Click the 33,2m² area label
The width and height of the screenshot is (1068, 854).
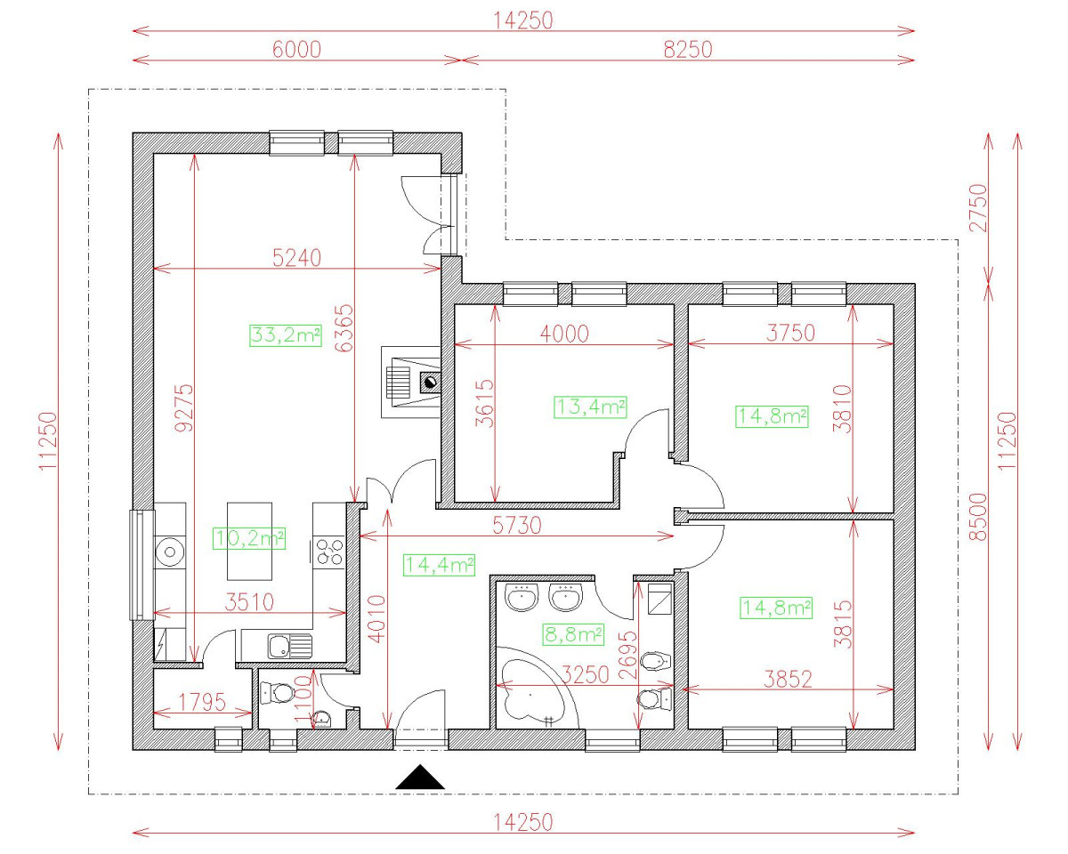coord(286,335)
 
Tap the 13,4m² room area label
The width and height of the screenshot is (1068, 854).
coord(589,407)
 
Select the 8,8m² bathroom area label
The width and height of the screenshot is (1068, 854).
coord(573,634)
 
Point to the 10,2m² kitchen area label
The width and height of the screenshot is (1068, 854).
coord(249,538)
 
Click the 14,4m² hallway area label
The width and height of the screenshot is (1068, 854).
coord(439,565)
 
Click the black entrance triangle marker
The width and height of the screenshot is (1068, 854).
coord(420,777)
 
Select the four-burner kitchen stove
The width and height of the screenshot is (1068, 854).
coord(329,552)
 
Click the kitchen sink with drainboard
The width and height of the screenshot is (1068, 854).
coord(290,646)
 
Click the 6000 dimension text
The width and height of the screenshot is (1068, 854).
coord(296,50)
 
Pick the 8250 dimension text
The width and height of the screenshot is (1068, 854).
coord(688,50)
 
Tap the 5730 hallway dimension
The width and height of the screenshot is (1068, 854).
coord(516,526)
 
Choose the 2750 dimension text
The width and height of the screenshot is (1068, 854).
coord(979,208)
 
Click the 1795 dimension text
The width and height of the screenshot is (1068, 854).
coord(202,702)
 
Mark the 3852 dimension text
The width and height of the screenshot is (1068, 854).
coord(788,680)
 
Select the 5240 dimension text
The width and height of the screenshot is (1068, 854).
coord(296,258)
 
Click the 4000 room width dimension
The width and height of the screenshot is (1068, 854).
coord(564,334)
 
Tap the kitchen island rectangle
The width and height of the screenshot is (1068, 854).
coord(249,541)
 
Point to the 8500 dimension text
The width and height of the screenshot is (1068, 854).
coord(979,517)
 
